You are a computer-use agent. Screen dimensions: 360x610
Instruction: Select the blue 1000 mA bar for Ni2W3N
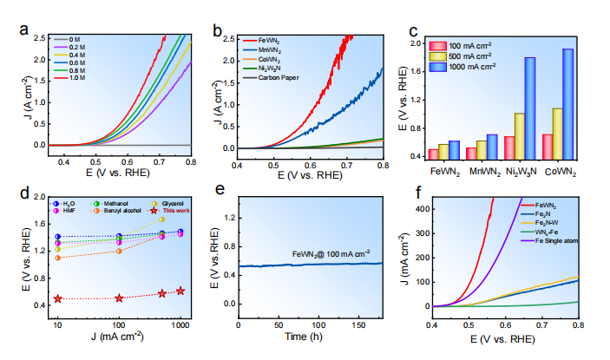[528, 108]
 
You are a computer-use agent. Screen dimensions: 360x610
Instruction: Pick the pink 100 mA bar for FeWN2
[433, 154]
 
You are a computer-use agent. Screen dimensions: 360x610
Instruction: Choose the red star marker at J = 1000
[180, 291]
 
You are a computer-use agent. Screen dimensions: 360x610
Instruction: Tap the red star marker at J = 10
[58, 298]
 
